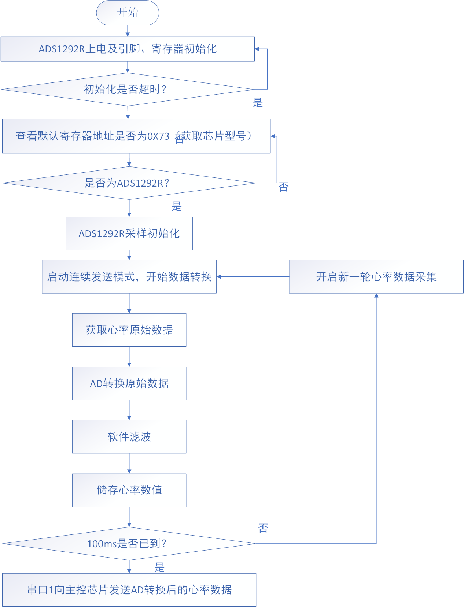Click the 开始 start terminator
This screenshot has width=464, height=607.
point(128,13)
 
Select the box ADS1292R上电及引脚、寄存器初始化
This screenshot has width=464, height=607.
point(128,49)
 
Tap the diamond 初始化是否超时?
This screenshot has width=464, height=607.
point(128,89)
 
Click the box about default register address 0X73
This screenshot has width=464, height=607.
point(136,136)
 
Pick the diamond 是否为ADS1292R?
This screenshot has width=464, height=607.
point(129,183)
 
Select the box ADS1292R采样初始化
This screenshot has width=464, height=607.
point(129,233)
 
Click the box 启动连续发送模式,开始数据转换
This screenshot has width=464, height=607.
point(129,277)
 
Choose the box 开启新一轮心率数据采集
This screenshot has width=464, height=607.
point(376,277)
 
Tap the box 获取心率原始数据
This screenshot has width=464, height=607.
point(129,330)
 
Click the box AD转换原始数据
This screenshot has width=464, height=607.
point(129,383)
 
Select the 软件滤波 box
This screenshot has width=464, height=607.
point(129,437)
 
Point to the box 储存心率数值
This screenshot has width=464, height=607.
point(129,490)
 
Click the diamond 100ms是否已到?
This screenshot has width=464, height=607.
point(129,544)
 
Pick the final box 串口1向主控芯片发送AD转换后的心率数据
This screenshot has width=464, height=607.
point(129,590)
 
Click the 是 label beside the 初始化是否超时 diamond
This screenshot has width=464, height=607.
point(258,103)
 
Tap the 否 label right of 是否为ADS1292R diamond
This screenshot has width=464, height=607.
point(284,187)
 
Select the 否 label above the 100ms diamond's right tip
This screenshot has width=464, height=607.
point(263,528)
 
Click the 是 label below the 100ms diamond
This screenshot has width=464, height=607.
point(159,567)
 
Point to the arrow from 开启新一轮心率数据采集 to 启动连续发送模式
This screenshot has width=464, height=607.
point(253,277)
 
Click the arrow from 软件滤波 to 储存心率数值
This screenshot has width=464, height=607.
point(129,463)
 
